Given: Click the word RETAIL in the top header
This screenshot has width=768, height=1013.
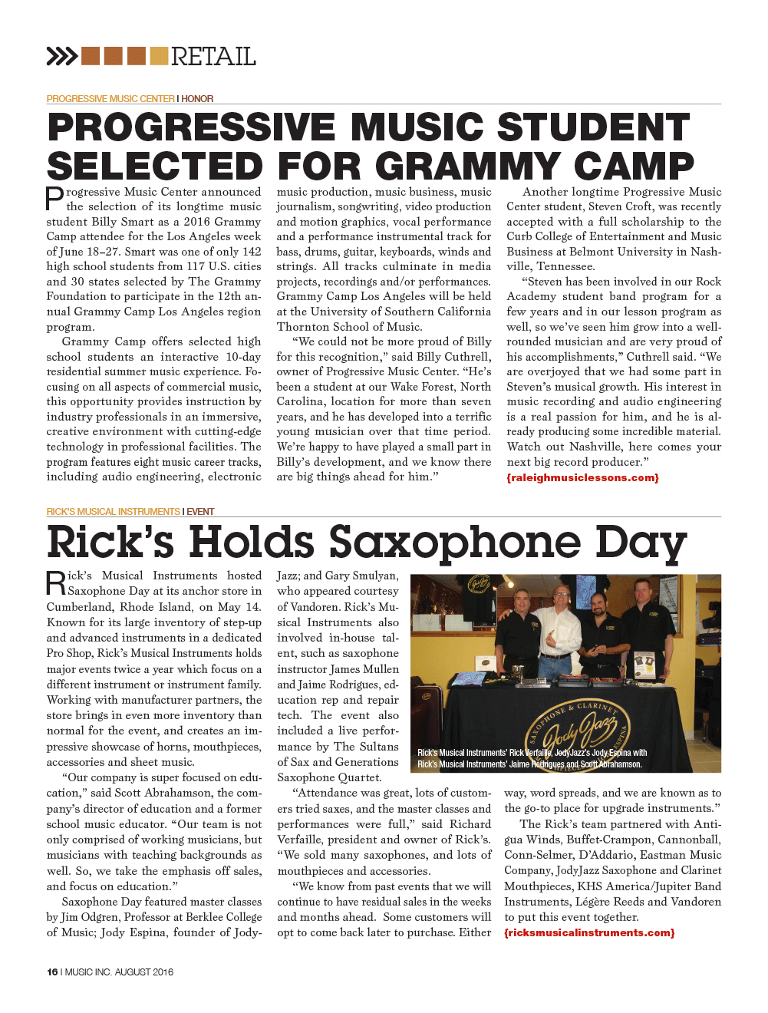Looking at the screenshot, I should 213,57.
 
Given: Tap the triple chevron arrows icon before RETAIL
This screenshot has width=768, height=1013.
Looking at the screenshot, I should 62,56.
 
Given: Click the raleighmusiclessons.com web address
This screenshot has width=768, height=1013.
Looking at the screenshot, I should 582,477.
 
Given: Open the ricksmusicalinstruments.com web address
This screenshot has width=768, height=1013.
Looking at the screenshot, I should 589,932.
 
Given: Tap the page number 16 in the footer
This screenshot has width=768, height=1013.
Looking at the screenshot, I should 52,972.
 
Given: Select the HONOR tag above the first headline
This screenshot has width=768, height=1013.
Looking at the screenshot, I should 197,99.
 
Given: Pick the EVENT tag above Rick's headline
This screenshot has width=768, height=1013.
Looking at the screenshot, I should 200,512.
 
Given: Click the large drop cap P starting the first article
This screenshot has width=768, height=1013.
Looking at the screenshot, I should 54,199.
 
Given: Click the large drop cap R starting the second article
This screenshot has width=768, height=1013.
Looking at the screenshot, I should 56,583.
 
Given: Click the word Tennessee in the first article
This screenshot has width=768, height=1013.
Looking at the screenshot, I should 566,266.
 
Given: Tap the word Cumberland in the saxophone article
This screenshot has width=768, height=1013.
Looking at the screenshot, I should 79,606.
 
